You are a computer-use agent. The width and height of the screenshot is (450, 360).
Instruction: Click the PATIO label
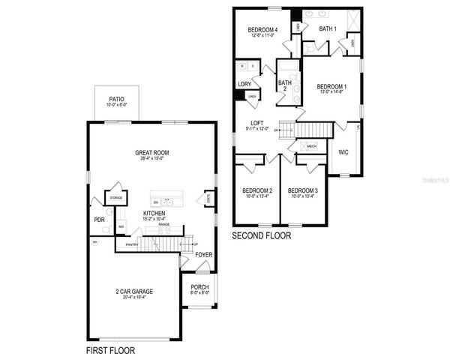(x=116, y=98)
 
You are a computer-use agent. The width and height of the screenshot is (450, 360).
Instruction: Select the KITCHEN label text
(x=154, y=213)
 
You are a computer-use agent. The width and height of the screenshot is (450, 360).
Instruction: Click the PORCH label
(x=199, y=287)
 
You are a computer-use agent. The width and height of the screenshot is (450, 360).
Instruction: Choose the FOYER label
(x=203, y=254)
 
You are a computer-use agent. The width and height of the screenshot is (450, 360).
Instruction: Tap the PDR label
(x=99, y=220)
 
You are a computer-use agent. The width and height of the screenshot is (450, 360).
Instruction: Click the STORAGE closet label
(x=115, y=198)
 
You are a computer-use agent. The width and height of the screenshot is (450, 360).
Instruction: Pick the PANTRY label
(x=132, y=244)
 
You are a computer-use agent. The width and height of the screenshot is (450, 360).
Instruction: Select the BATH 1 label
(x=328, y=29)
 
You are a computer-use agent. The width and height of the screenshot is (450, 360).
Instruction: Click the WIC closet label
(x=343, y=152)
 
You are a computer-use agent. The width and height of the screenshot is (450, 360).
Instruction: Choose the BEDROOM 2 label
(x=256, y=190)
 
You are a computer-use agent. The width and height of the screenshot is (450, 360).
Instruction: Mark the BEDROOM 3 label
(x=302, y=190)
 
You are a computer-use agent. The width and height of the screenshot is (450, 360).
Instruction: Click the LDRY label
(x=244, y=84)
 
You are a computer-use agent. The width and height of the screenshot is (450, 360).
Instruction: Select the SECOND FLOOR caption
(x=261, y=235)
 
